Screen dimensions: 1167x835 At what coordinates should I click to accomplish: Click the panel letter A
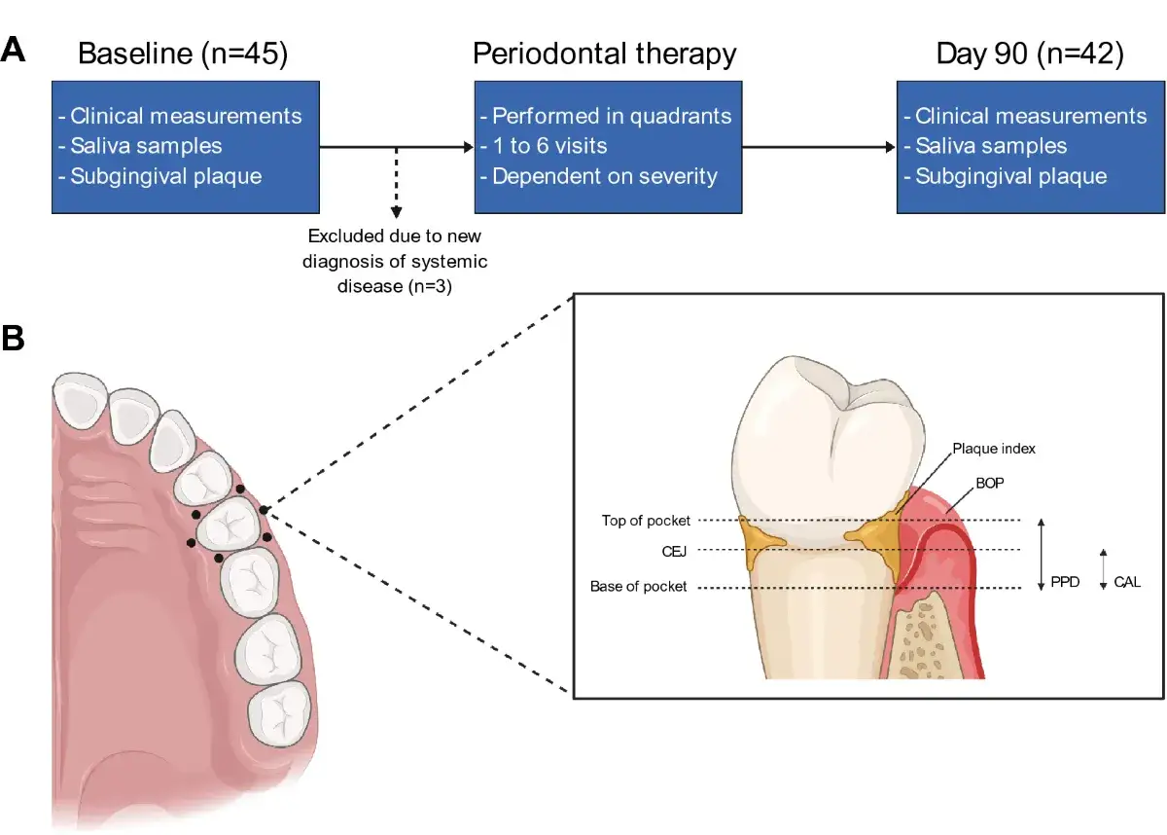pos(13,50)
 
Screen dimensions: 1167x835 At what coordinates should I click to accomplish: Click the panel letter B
pos(13,338)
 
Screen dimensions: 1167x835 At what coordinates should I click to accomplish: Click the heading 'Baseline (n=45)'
pos(183,54)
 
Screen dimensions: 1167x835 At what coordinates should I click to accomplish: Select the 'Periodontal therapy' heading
pos(604,54)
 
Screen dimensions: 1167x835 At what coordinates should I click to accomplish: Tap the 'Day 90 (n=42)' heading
pos(1030,54)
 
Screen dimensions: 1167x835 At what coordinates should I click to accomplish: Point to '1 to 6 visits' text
pos(549,146)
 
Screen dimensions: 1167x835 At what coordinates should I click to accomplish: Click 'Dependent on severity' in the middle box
pos(604,176)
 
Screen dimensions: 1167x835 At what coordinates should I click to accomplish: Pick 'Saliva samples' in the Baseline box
pos(146,146)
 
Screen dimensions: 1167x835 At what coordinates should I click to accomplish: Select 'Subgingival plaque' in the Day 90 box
pos(1011,176)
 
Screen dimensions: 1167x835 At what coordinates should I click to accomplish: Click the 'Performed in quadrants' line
pos(612,116)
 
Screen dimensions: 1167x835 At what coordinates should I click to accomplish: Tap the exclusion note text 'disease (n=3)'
pos(395,286)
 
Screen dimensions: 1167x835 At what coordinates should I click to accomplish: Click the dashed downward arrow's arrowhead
pos(396,212)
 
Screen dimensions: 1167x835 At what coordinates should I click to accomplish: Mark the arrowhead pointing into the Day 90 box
pos(891,147)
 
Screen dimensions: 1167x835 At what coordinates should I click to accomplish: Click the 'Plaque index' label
pos(994,449)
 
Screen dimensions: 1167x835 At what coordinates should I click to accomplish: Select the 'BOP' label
pos(989,483)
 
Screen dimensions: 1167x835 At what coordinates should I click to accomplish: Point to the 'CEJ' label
pos(674,552)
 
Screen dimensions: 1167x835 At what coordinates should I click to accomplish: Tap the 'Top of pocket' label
pos(646,521)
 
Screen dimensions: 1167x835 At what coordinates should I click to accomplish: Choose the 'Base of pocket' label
pos(638,587)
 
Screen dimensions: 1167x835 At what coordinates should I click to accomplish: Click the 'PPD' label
pos(1065,582)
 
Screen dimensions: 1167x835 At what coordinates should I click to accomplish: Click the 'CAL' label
pos(1127,582)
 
